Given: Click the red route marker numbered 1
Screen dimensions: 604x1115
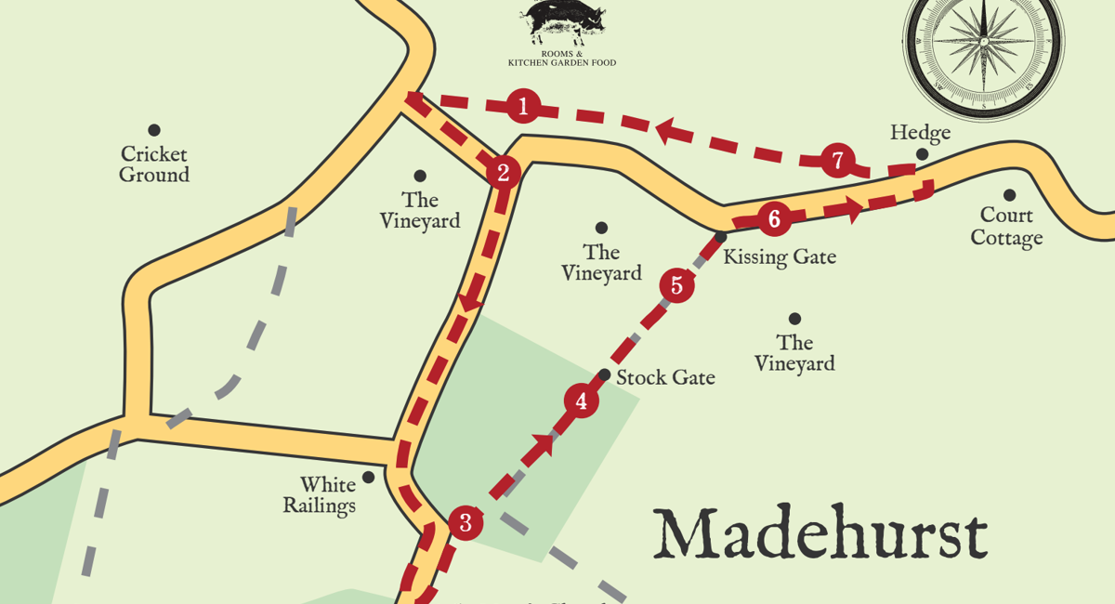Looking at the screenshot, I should (x=523, y=106).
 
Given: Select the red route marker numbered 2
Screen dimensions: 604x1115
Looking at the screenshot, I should (x=503, y=172).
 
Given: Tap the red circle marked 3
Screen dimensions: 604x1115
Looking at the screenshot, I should (x=466, y=523).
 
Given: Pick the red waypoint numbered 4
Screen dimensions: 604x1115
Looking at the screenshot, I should (x=582, y=401).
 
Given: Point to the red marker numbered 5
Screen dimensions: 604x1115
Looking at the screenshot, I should (x=676, y=285).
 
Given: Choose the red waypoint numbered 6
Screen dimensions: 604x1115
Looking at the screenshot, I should (x=774, y=219).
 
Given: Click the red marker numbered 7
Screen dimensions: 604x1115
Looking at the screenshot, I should (x=837, y=161).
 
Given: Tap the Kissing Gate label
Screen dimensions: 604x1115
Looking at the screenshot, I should (x=780, y=257).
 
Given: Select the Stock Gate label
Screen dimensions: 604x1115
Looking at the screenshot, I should (x=665, y=378).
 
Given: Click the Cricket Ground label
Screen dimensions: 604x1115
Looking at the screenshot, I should (x=154, y=164).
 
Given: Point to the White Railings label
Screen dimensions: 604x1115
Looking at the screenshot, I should (x=320, y=495).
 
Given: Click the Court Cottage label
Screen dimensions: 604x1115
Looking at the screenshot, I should (x=1006, y=227).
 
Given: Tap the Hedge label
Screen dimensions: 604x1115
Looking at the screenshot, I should (x=920, y=133).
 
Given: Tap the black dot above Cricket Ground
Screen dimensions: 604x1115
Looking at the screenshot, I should (x=154, y=130).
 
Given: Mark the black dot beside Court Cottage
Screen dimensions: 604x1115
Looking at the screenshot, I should (x=1009, y=195).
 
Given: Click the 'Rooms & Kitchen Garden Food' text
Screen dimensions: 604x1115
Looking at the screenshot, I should (x=562, y=59).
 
